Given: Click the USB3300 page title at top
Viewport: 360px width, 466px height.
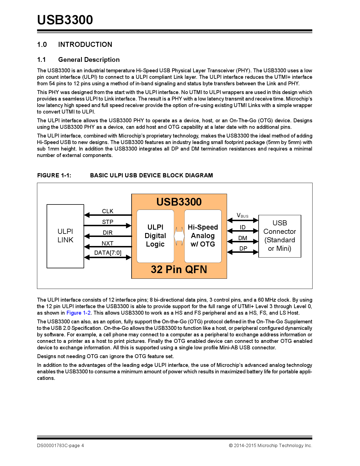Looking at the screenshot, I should tap(65, 20).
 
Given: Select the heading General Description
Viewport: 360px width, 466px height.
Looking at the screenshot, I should tap(89, 60).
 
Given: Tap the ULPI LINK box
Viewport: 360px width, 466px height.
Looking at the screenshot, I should tap(65, 236).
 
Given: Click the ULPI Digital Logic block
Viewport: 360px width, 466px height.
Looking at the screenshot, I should tap(155, 236).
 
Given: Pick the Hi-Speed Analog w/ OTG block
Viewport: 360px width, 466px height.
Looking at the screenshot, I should tap(203, 236).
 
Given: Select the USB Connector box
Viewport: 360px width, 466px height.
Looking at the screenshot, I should tap(280, 236).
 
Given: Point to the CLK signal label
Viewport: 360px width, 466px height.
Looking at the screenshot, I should tap(108, 211).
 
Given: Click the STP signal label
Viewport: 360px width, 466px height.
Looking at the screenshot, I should tap(108, 222).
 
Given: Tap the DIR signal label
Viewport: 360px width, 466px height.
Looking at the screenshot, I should tap(108, 233).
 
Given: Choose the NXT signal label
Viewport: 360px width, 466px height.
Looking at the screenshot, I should tap(108, 243).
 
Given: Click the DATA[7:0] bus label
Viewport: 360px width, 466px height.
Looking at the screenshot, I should tap(108, 253).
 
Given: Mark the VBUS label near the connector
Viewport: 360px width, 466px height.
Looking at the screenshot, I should tap(243, 215).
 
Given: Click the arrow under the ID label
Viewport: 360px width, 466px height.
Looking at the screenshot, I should tap(243, 231).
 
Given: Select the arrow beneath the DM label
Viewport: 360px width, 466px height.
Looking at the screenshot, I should tap(243, 241).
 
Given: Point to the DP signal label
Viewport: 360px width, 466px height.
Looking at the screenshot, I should tap(243, 249).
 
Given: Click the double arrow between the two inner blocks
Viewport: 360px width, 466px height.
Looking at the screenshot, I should tap(179, 236).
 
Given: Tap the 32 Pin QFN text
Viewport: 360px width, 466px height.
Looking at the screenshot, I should tap(179, 269).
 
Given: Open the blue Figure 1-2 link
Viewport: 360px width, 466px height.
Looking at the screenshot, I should tap(78, 313).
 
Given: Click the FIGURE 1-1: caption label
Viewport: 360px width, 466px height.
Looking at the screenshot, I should tap(54, 175).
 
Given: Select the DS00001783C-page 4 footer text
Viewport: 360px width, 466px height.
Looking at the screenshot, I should tap(60, 446).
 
